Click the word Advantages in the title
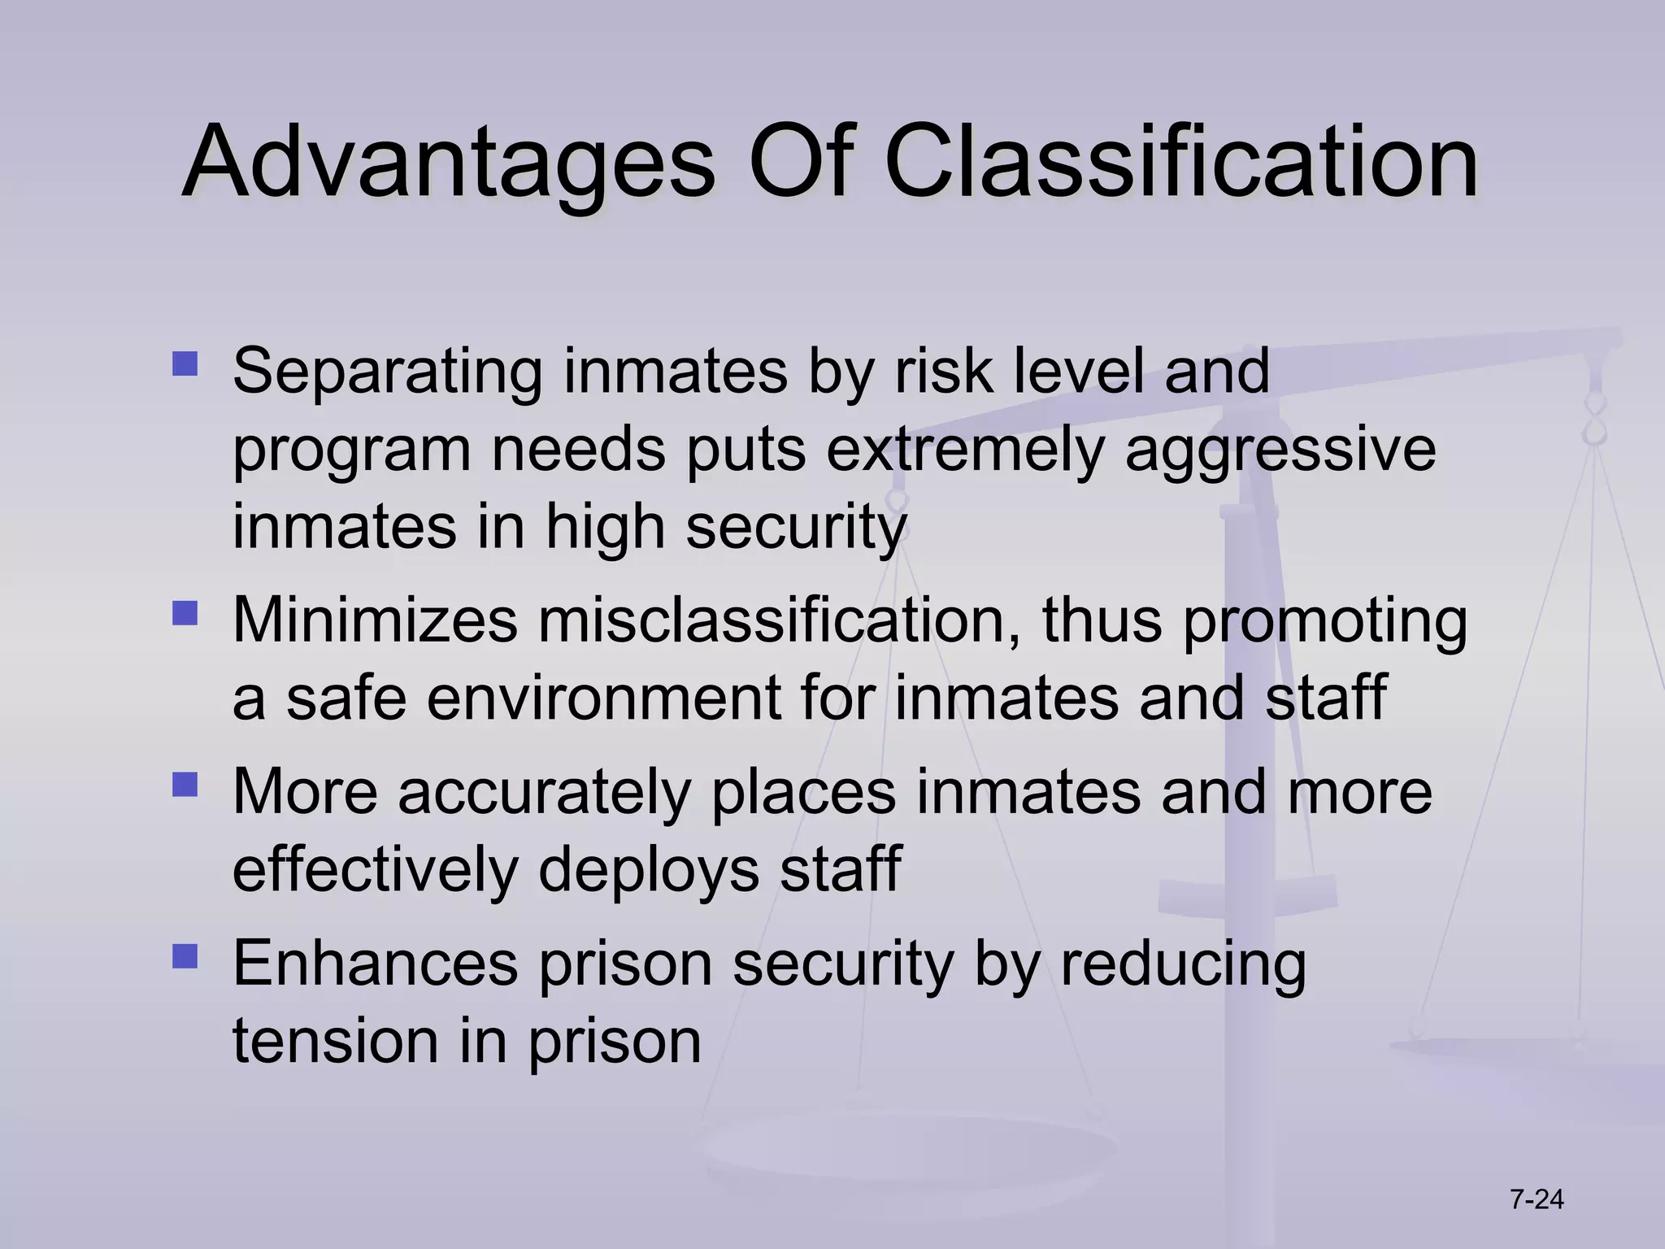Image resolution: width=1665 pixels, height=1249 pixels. point(448,163)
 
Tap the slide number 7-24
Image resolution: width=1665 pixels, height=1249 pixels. point(1537,1199)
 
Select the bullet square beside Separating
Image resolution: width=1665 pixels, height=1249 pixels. point(185,363)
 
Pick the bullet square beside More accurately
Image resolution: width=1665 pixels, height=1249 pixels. point(185,784)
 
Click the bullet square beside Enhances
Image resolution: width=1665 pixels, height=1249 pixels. point(185,955)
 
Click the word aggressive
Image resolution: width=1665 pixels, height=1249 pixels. point(1280,452)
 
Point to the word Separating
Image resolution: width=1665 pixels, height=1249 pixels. point(387,372)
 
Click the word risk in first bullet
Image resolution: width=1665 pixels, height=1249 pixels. point(943,372)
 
